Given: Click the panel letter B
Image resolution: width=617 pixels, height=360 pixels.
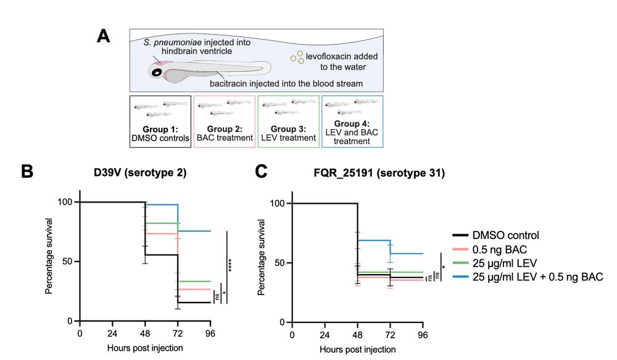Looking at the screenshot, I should pos(27,172).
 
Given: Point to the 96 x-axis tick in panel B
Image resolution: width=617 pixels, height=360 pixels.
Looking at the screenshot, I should pos(210,334).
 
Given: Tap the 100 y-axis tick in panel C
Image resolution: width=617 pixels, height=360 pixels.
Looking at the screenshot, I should pos(278,204).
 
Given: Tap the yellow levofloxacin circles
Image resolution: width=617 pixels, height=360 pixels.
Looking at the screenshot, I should pos(297,57).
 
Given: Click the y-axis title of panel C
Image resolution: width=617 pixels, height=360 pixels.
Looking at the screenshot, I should pos(262,262).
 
